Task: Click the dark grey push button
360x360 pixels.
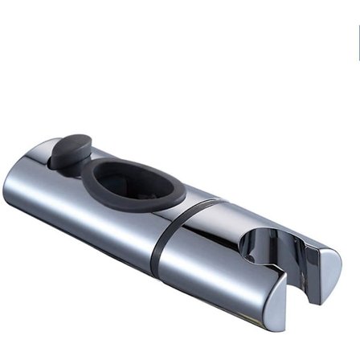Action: (70, 151)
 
